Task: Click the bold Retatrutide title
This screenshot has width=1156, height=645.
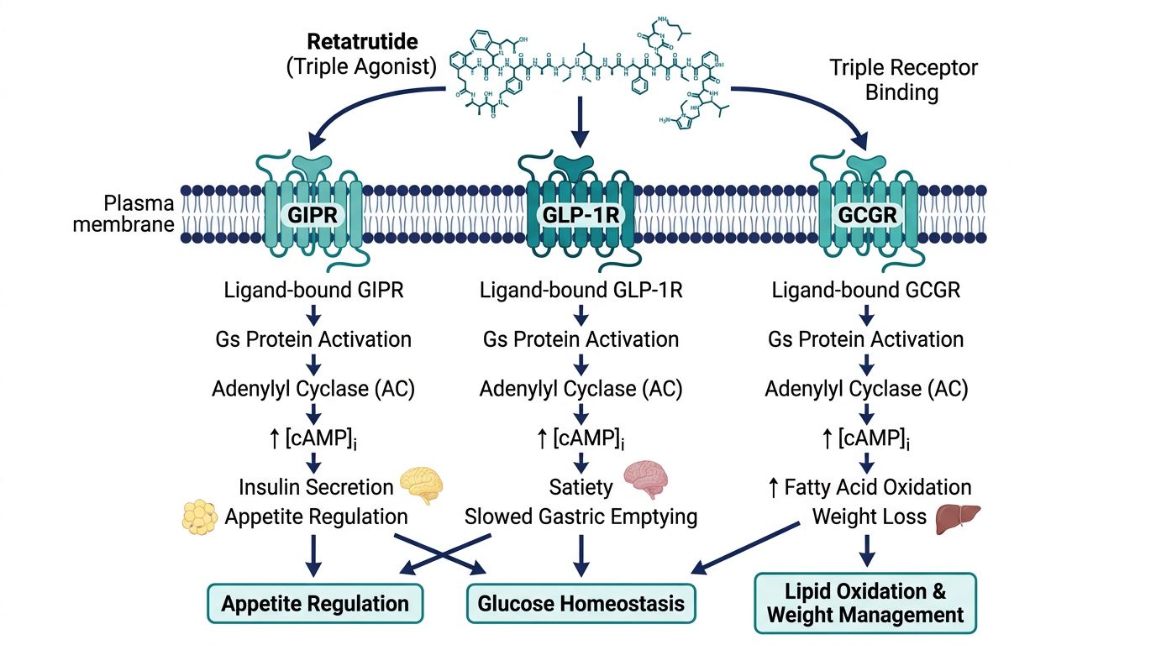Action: pos(362,42)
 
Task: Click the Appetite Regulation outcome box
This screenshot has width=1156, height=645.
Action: pos(315,603)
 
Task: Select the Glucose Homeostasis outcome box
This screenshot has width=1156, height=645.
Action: pos(581,603)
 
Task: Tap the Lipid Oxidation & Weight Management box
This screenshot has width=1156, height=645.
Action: pos(865,603)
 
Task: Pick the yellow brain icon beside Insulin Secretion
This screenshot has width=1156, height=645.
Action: pos(420,485)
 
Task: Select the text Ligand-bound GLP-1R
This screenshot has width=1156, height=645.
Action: pos(581,291)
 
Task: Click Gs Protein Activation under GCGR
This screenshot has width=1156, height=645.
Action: pos(865,340)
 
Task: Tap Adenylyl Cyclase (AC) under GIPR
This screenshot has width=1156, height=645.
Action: pos(313,389)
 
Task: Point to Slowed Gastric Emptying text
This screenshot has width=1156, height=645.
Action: pos(581,517)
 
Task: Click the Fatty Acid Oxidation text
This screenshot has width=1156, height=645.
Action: pos(877,487)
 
